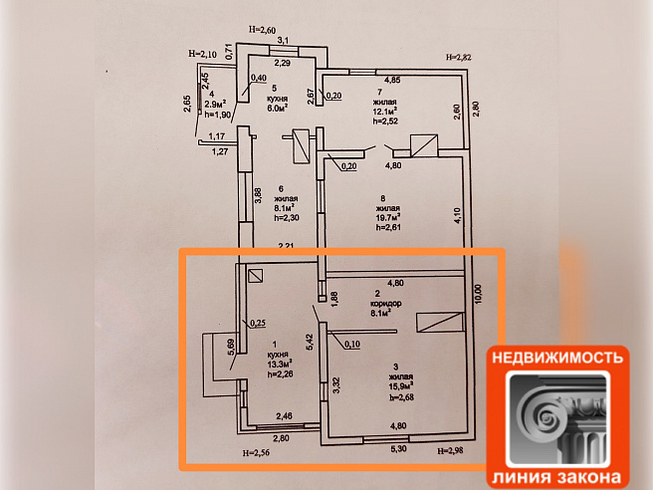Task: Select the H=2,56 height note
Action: pyautogui.click(x=257, y=454)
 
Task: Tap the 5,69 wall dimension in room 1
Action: pyautogui.click(x=231, y=347)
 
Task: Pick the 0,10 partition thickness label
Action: pyautogui.click(x=351, y=345)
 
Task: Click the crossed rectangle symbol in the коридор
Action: pyautogui.click(x=440, y=321)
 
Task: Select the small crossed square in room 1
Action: pyautogui.click(x=256, y=280)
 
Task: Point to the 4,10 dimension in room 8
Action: pyautogui.click(x=457, y=211)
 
